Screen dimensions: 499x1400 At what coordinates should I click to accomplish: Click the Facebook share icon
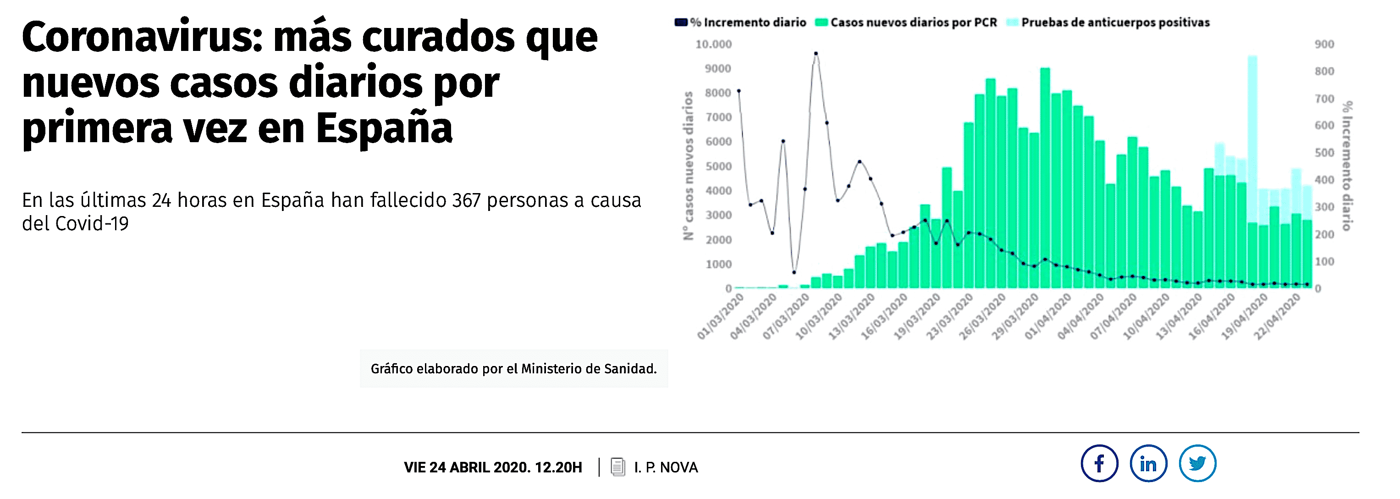coord(1099,464)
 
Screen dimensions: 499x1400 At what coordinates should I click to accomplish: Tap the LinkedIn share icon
coord(1148,464)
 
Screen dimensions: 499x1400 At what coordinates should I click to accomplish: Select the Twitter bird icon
coord(1197,464)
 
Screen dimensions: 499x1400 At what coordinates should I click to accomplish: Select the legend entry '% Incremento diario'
coord(748,22)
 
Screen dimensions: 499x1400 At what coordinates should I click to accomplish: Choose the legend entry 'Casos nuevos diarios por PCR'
coord(913,22)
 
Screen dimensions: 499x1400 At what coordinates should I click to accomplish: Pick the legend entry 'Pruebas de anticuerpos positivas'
coord(1115,22)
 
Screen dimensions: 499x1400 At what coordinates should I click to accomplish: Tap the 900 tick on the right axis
coord(1324,44)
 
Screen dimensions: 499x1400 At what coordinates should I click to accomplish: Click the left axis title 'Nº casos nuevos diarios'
coord(688,166)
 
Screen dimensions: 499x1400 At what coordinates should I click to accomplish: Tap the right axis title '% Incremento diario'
coord(1347,166)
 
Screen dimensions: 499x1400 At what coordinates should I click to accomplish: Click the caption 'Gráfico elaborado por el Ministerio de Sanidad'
coord(513,369)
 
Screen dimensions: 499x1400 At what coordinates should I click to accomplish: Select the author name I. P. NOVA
coord(665,467)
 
